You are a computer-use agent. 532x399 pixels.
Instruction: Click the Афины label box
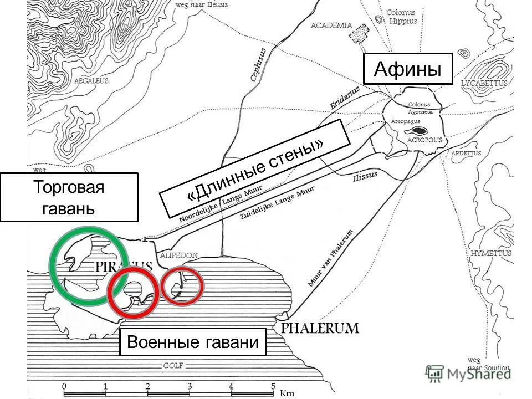pos(408,69)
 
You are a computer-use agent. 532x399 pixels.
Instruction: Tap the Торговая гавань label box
pos(69,197)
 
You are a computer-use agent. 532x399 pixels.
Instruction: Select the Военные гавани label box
pos(193,342)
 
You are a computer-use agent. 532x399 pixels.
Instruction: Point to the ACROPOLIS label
pos(425,140)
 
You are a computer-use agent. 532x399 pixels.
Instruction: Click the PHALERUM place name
pos(320,328)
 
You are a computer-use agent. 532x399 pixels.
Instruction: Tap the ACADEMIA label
pos(331,25)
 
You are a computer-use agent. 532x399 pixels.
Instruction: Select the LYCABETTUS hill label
pos(484,83)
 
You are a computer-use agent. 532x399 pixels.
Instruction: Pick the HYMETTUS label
pos(491,253)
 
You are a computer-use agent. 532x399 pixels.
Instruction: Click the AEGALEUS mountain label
pos(91,81)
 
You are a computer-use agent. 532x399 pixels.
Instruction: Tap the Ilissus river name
pos(365,176)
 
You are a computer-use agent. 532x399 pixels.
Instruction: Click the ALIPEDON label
pos(178,255)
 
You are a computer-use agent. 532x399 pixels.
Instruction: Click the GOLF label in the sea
pos(173,366)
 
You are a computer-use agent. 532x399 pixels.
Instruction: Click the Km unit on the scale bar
pos(287,393)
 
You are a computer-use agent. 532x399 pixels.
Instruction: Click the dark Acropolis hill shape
pos(417,132)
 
